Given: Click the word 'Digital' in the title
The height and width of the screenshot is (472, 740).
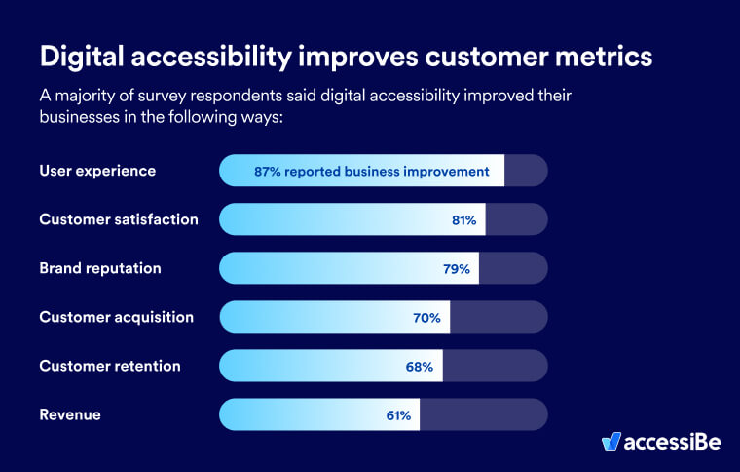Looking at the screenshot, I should coord(86,57).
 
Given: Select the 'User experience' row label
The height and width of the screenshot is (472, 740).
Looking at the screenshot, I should coord(97,171).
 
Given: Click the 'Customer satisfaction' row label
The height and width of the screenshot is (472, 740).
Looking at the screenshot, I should coord(119,219).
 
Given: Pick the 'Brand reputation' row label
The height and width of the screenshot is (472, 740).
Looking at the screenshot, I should coord(100,268).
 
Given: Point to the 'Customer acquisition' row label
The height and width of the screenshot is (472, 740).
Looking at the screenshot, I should coord(116,317).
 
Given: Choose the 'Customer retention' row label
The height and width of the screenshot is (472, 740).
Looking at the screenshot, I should coord(110,366).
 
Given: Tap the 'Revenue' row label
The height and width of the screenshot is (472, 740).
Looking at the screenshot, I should coord(70,414).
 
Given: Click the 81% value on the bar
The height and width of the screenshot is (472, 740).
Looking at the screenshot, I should coord(463,220).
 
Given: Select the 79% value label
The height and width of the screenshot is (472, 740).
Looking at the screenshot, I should coord(458,269).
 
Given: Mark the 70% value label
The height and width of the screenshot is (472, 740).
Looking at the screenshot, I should coord(428,318).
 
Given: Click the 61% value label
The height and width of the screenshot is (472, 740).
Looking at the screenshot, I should coord(398,415).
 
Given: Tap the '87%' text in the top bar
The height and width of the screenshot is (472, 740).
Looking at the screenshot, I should coord(268,171).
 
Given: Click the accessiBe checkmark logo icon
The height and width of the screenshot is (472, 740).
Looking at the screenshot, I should coord(611,442).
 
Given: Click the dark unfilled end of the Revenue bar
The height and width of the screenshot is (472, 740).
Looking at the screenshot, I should coord(483,414).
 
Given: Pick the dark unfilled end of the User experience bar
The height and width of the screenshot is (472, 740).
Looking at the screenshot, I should coord(526,171).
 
